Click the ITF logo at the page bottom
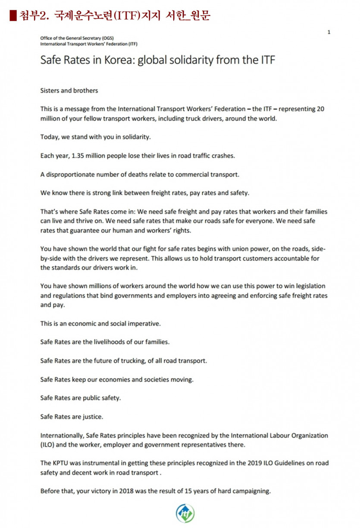click(185, 513)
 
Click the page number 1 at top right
click(329, 32)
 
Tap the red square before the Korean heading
click(13, 16)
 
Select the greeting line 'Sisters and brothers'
click(69, 91)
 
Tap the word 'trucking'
click(129, 360)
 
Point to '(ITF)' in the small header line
click(131, 44)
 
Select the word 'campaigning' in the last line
click(252, 491)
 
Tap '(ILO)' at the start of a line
click(48, 444)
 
